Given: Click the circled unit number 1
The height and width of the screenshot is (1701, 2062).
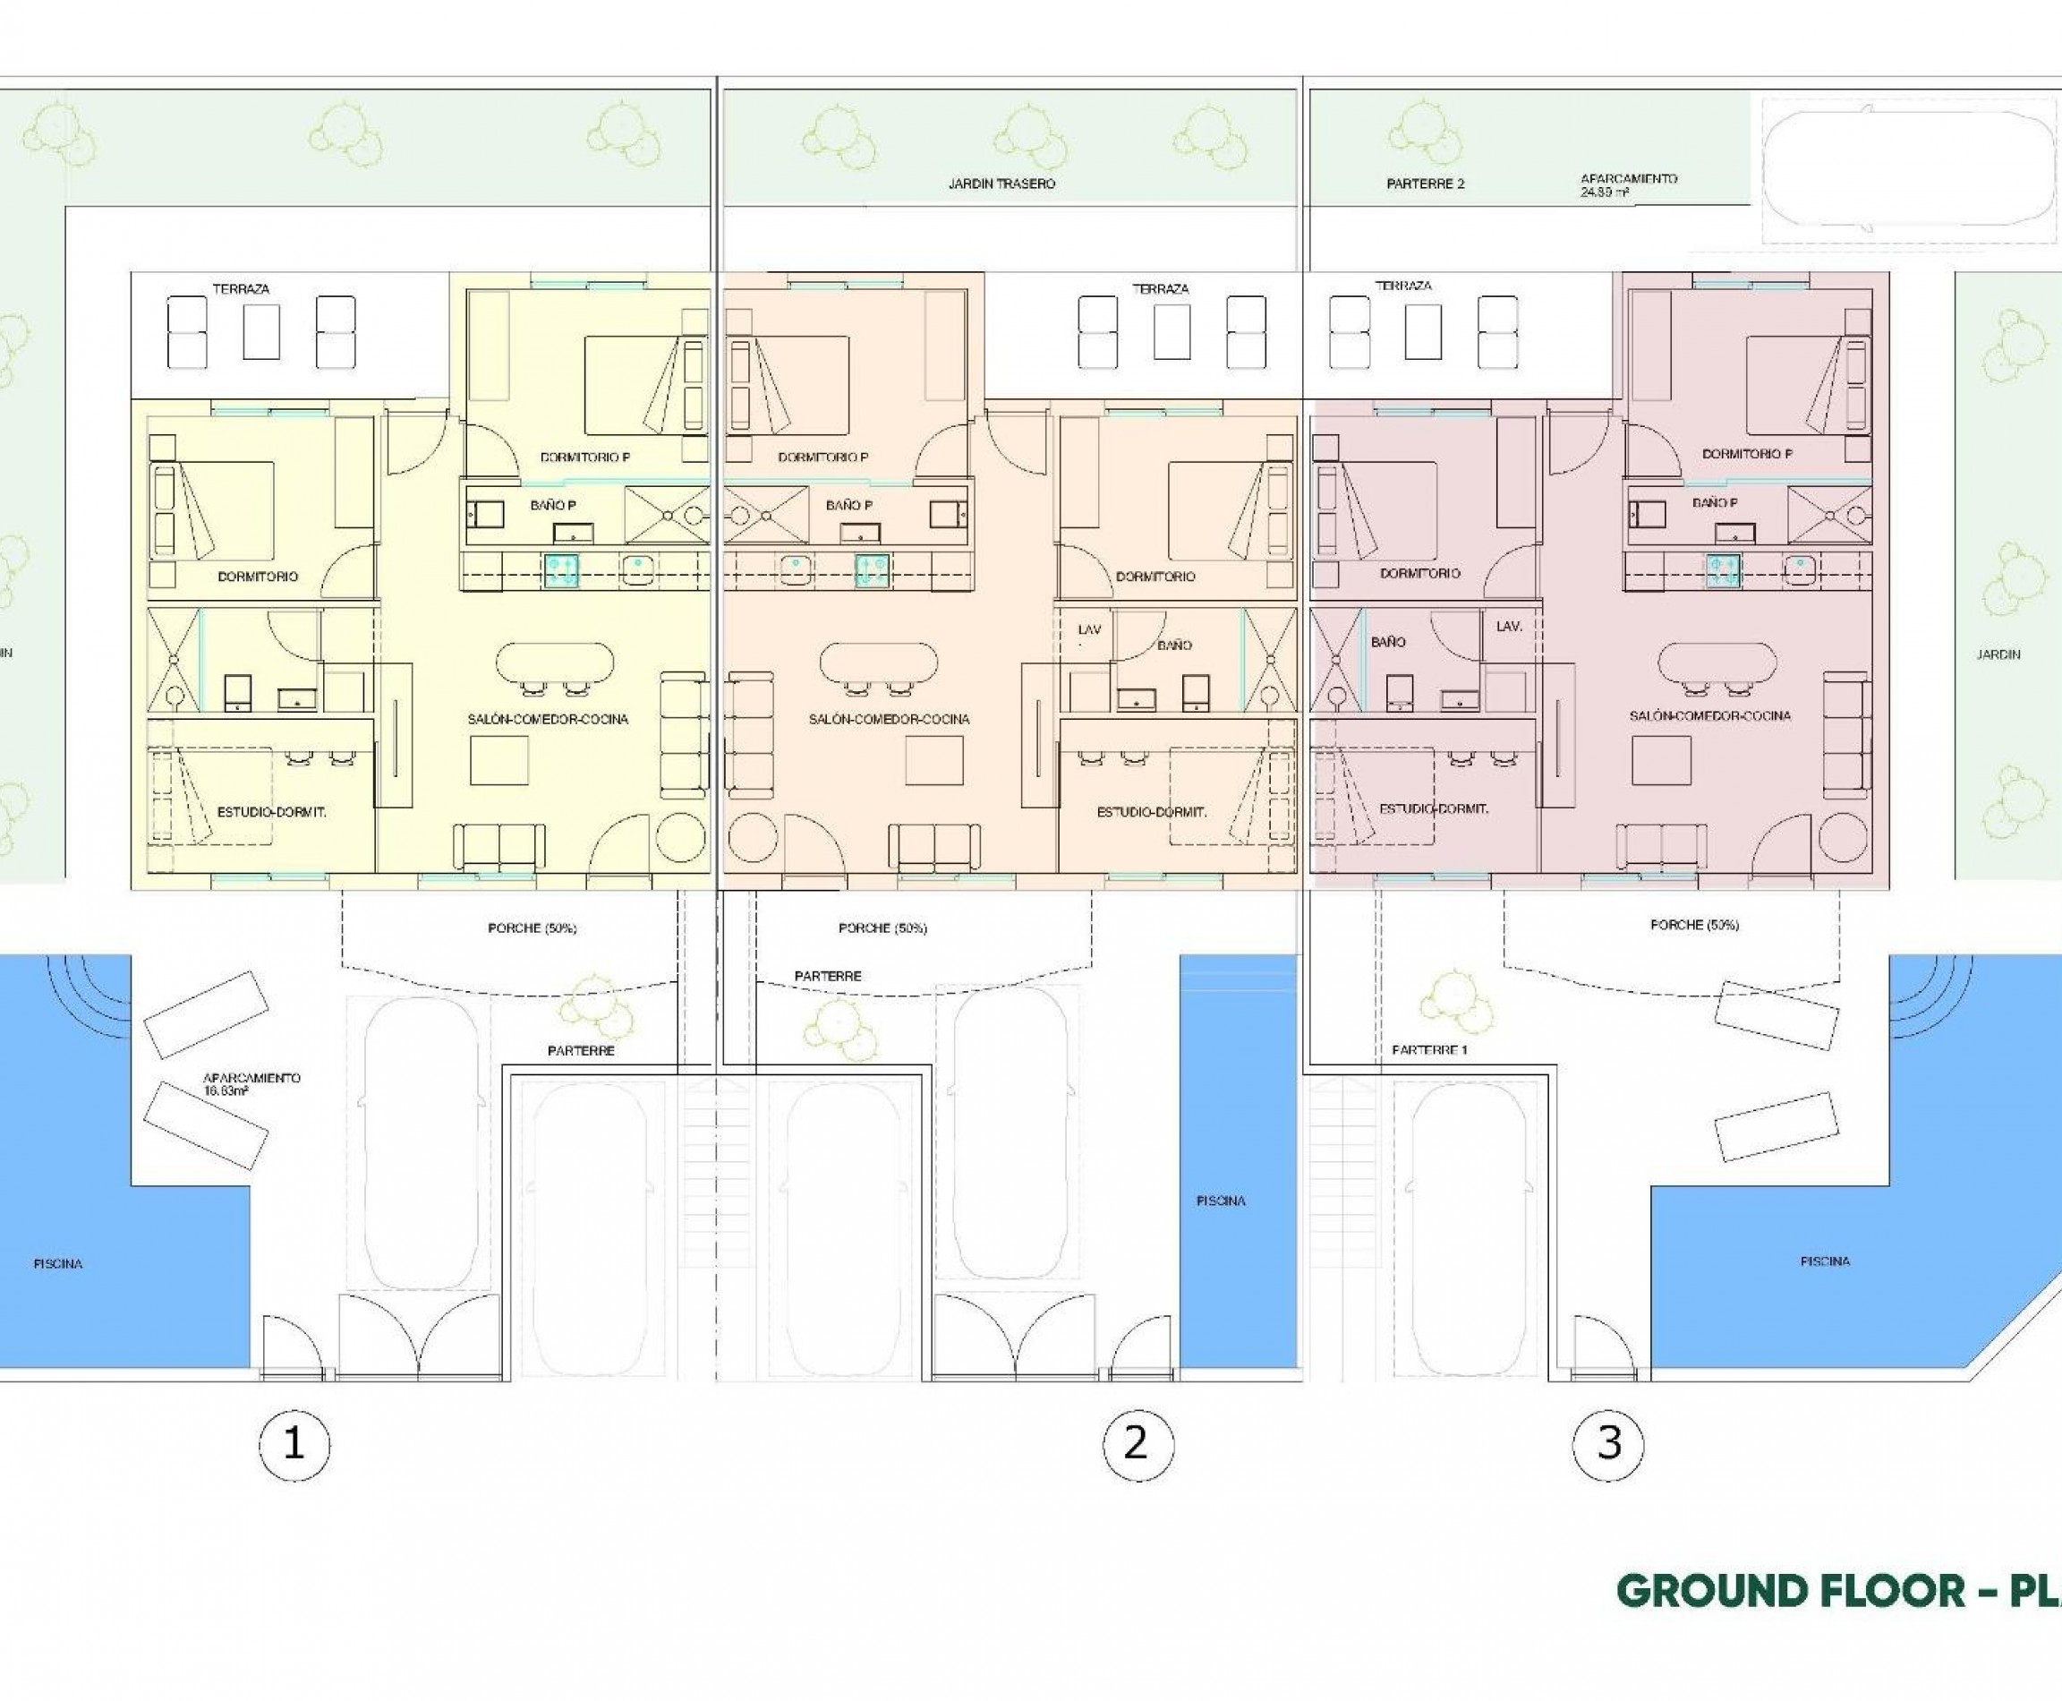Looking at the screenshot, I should pos(294,1443).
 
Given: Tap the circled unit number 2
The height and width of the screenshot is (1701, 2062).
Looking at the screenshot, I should pos(1137,1443).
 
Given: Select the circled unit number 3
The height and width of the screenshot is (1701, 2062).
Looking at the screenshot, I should pos(1607,1443).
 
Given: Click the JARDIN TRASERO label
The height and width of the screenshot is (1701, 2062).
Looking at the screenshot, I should pos(1001,184).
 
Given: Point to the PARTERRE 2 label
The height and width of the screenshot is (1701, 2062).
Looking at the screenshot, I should pos(1426,184).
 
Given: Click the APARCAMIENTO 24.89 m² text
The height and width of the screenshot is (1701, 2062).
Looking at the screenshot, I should pos(1628,185).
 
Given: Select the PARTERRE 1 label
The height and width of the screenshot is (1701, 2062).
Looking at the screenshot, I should pos(1429,1049).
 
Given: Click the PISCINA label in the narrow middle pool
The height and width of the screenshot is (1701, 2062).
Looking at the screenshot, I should pos(1221,1201).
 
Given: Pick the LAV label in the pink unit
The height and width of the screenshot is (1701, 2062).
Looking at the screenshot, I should pos(1509,625).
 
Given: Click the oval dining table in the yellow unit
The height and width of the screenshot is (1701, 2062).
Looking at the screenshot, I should pos(556,663).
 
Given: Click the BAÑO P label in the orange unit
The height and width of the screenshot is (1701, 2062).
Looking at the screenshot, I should pos(848,505).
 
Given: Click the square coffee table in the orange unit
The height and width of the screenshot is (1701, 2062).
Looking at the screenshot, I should pos(933,760).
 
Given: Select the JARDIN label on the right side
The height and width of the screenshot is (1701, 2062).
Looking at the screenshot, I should pos(1998,654).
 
